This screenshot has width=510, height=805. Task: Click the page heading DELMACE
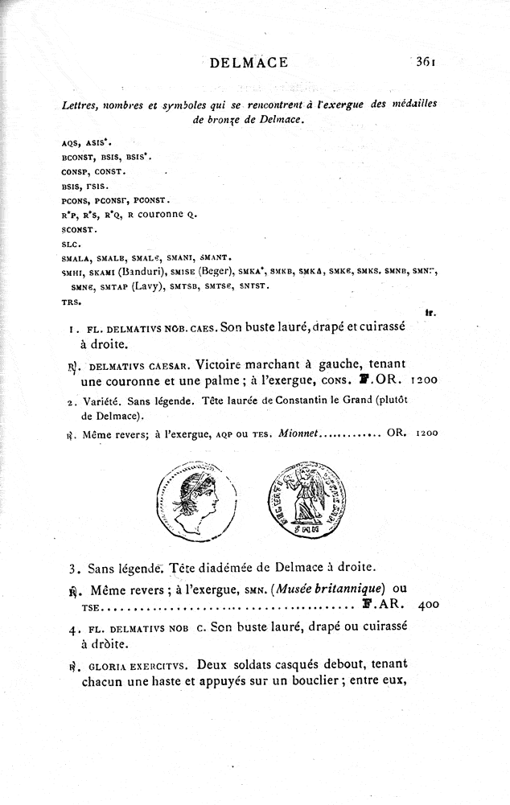click(247, 64)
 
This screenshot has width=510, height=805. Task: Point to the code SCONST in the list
click(78, 229)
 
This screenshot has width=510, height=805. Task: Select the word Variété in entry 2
click(99, 401)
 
